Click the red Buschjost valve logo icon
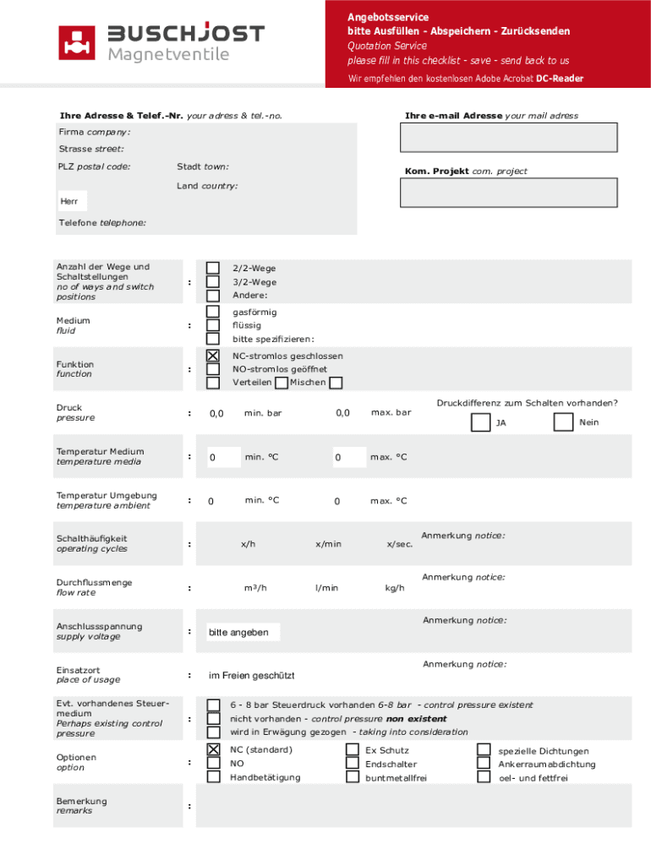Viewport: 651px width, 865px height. click(x=76, y=43)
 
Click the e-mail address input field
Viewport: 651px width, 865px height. click(x=509, y=138)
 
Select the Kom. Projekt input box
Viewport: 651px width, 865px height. click(x=509, y=193)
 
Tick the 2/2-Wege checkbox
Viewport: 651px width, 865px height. click(x=213, y=268)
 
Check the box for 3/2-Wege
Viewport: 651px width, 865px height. click(x=213, y=281)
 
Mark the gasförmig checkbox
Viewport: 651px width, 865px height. click(x=213, y=312)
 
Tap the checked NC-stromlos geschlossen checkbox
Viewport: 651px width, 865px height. click(x=213, y=356)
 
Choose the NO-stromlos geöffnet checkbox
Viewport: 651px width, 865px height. click(x=213, y=369)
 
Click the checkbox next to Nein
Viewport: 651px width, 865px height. click(x=563, y=422)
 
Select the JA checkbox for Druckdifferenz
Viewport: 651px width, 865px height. click(x=479, y=422)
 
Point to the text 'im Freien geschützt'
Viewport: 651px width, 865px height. click(x=252, y=675)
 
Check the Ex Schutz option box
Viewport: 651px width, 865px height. click(x=352, y=749)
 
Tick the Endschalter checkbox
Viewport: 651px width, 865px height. click(x=352, y=763)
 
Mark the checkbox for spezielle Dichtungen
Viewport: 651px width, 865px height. click(x=484, y=749)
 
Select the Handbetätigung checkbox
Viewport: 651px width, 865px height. click(x=213, y=776)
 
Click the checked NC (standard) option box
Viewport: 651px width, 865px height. click(x=213, y=749)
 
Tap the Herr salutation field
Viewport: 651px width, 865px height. click(x=72, y=201)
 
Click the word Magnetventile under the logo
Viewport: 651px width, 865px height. click(x=168, y=55)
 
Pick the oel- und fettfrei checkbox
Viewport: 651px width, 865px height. click(x=484, y=777)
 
